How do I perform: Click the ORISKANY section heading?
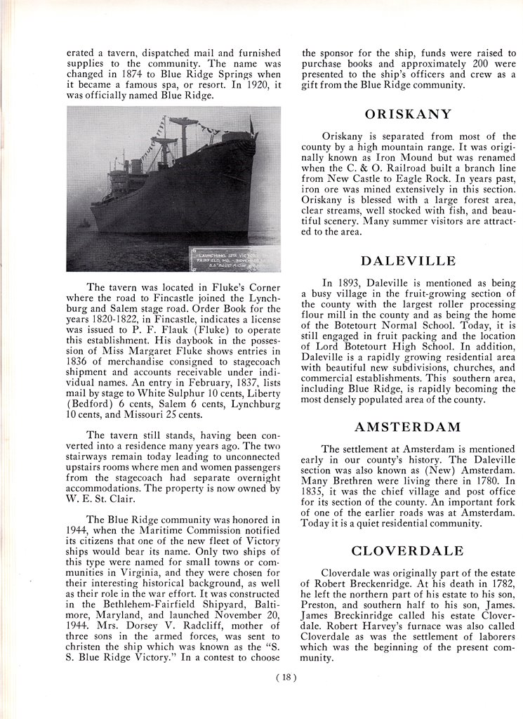(x=408, y=114)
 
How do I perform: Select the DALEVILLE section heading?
(x=408, y=261)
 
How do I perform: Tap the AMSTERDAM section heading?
(x=408, y=427)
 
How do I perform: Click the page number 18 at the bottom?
(x=287, y=678)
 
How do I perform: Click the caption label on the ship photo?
(x=233, y=258)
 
